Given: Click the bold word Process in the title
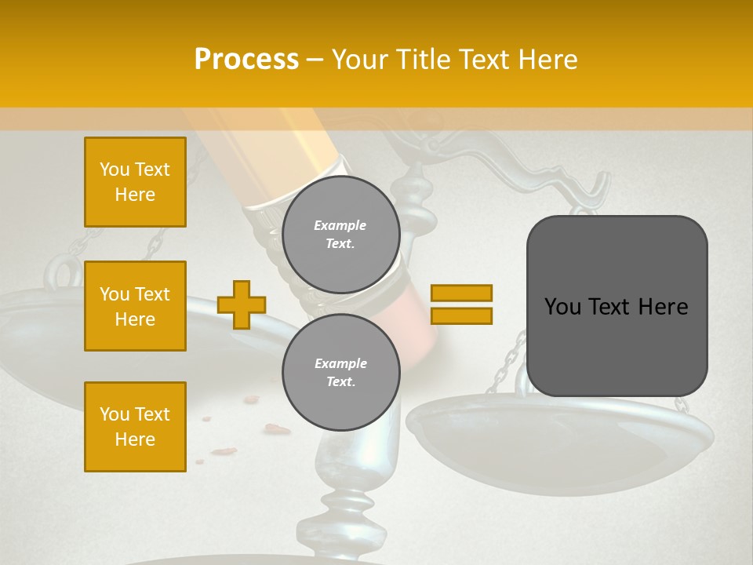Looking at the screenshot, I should [x=246, y=60].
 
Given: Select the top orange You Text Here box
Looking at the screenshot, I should [x=135, y=182].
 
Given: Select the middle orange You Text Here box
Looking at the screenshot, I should [x=135, y=306].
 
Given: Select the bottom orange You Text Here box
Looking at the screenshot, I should [x=135, y=426].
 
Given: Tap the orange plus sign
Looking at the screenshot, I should [x=242, y=304].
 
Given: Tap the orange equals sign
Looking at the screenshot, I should [x=461, y=304].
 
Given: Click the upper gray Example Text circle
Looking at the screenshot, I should [x=340, y=235].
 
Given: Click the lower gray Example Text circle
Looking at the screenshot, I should [x=340, y=373].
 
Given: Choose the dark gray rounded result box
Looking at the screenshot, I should [x=617, y=306].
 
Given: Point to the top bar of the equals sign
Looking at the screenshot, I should [x=461, y=293].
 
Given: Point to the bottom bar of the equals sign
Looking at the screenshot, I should [x=461, y=315].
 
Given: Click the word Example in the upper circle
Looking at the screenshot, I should [x=340, y=225].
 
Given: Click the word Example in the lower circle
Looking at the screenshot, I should [x=340, y=363].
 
